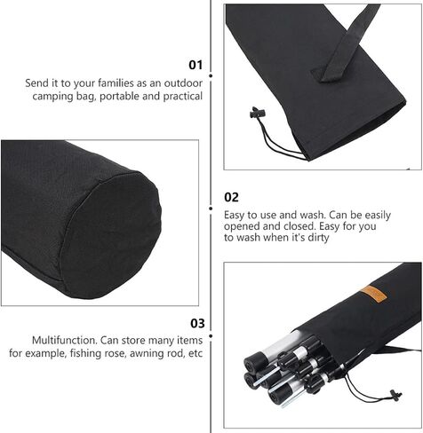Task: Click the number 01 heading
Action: pos(196,65)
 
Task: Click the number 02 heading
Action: pos(231,197)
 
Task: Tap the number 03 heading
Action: pos(197,323)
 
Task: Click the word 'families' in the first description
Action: pos(116,83)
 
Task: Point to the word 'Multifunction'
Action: pos(65,340)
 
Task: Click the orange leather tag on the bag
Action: pos(373,294)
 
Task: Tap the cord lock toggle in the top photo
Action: pos(257,113)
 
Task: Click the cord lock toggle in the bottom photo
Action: pos(395,395)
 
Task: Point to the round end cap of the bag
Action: pos(111,233)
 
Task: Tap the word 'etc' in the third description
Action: pos(196,354)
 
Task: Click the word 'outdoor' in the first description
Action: pos(183,83)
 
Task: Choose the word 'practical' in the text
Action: pos(183,97)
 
